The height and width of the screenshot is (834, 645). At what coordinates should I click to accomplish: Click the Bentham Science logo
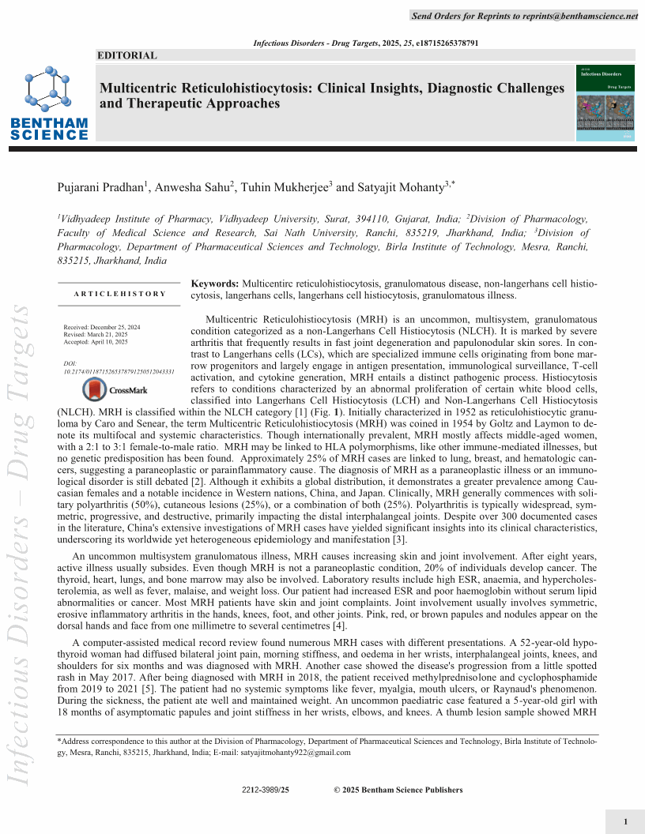tap(49, 103)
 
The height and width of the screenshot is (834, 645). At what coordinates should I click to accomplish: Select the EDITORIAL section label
tap(126, 55)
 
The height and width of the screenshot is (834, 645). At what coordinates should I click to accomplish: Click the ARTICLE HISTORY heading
tap(119, 294)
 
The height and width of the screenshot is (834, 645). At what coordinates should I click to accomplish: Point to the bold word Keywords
tap(215, 283)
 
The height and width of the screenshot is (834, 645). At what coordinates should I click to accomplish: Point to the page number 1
tap(625, 822)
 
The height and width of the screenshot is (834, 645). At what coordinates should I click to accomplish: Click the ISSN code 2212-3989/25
tap(266, 790)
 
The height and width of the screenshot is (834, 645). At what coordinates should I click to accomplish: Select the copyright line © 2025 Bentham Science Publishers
tap(398, 790)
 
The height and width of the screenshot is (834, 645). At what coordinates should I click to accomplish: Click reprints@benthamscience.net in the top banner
tap(579, 16)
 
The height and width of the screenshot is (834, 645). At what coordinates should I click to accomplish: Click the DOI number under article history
tap(119, 370)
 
